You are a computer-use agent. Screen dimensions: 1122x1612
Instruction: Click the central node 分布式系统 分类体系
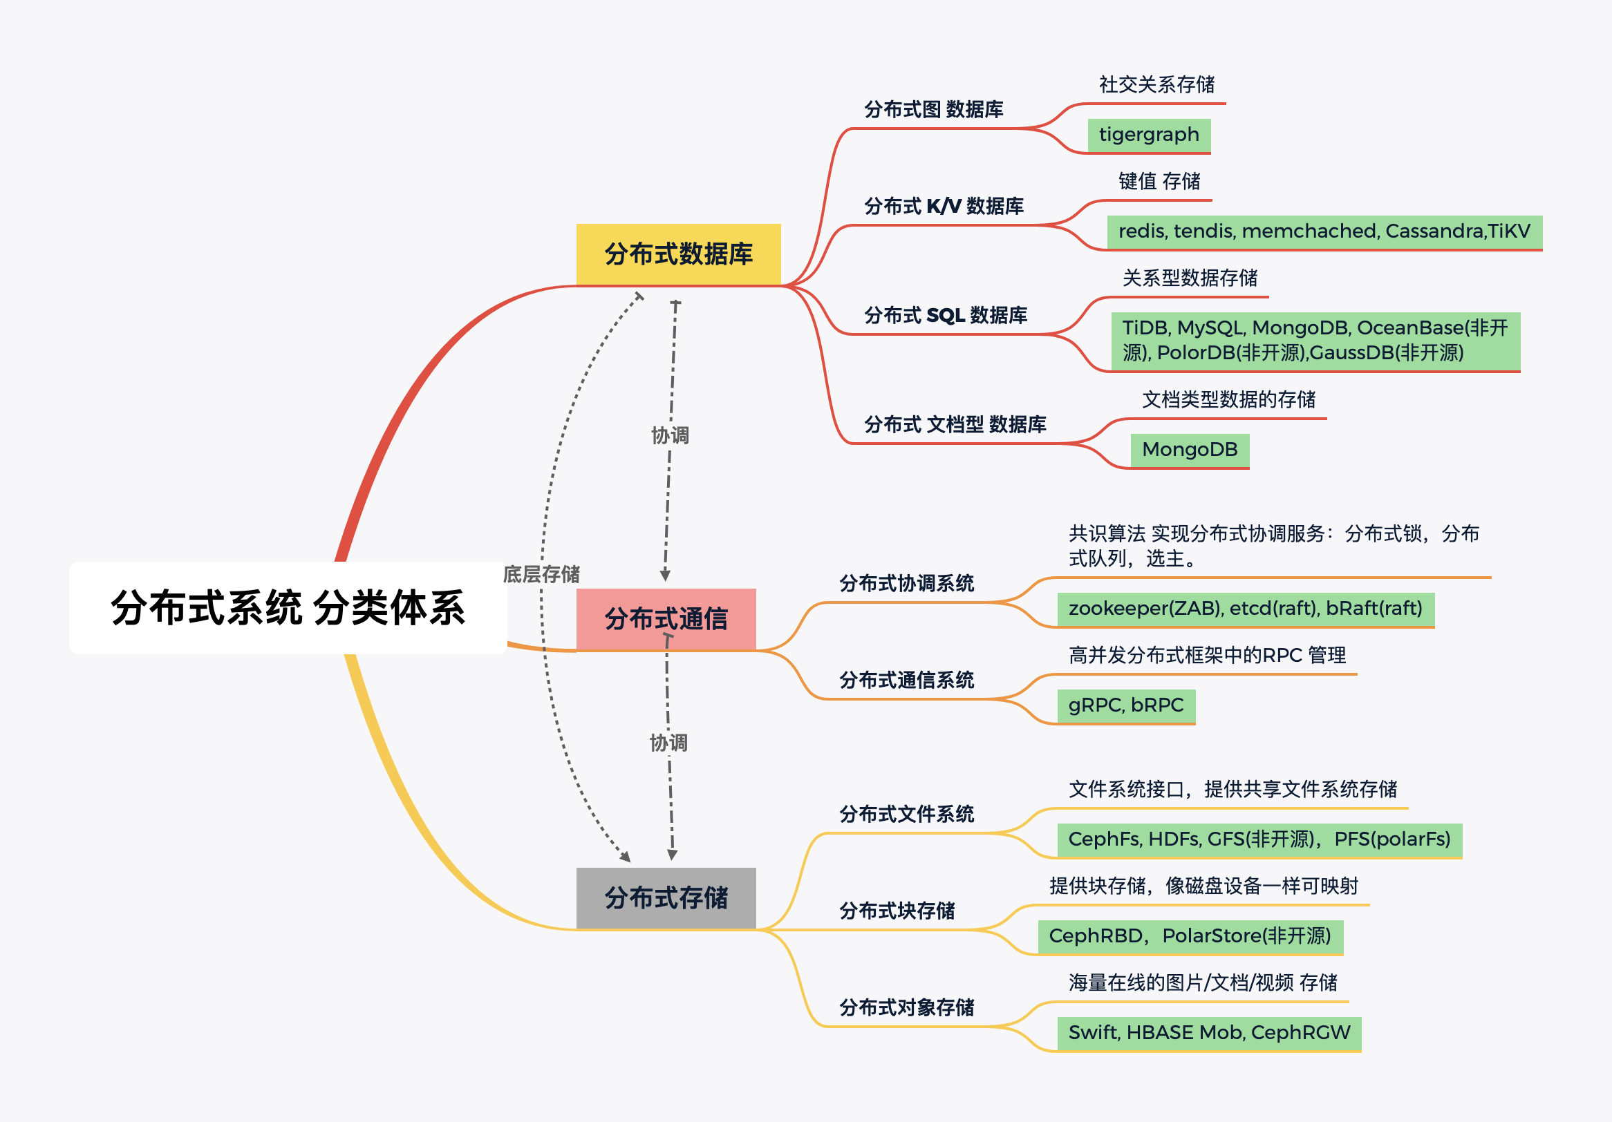click(x=288, y=608)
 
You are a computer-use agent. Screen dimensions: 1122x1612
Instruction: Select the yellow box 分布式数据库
click(x=678, y=254)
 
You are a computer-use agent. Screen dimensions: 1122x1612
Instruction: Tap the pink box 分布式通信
click(x=666, y=619)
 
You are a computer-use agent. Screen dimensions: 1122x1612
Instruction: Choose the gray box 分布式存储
click(x=666, y=897)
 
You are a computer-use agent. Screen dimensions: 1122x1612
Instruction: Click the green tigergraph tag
click(x=1149, y=135)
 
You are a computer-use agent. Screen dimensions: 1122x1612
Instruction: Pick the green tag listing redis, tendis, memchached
click(x=1324, y=231)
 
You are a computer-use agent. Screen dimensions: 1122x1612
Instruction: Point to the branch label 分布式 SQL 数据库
click(x=945, y=316)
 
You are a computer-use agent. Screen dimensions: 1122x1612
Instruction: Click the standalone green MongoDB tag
click(x=1190, y=450)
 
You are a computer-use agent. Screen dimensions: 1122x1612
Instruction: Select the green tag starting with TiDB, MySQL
click(x=1315, y=341)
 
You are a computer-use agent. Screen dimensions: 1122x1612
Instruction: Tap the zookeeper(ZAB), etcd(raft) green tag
click(x=1245, y=609)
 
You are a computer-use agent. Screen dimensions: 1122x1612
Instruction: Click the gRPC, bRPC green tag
click(x=1125, y=705)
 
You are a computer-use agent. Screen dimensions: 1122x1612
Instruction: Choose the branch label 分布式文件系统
click(x=906, y=814)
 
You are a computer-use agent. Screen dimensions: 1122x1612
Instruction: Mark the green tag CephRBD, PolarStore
click(x=1190, y=936)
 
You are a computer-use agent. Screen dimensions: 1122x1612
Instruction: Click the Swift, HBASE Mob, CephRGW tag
click(x=1208, y=1033)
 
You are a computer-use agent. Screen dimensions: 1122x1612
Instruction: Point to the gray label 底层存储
click(x=541, y=575)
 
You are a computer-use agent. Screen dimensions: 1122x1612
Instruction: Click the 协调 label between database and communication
click(x=670, y=436)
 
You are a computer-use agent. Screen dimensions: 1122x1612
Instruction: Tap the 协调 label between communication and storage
click(x=668, y=743)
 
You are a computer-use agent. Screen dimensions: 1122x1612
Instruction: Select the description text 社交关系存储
click(x=1156, y=85)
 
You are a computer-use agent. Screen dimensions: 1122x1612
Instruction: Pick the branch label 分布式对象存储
click(x=906, y=1007)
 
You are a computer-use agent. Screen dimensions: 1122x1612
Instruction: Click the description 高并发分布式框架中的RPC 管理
click(x=1207, y=656)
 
